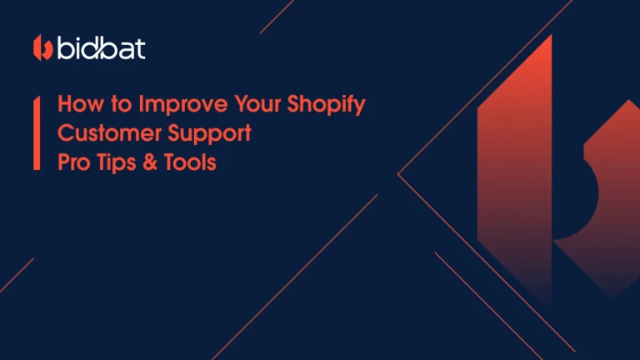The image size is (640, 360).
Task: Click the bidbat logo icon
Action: [x=43, y=48]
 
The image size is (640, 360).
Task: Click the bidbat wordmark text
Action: [x=101, y=48]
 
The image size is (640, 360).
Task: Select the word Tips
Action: [x=117, y=162]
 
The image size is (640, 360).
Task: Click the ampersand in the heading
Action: [x=152, y=162]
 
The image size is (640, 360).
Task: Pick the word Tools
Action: [x=191, y=162]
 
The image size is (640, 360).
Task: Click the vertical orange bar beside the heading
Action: [x=37, y=133]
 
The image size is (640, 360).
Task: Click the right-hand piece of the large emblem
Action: [x=604, y=200]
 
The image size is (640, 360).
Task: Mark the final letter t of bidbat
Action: [x=140, y=48]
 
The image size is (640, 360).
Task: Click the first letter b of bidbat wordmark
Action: [x=67, y=48]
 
